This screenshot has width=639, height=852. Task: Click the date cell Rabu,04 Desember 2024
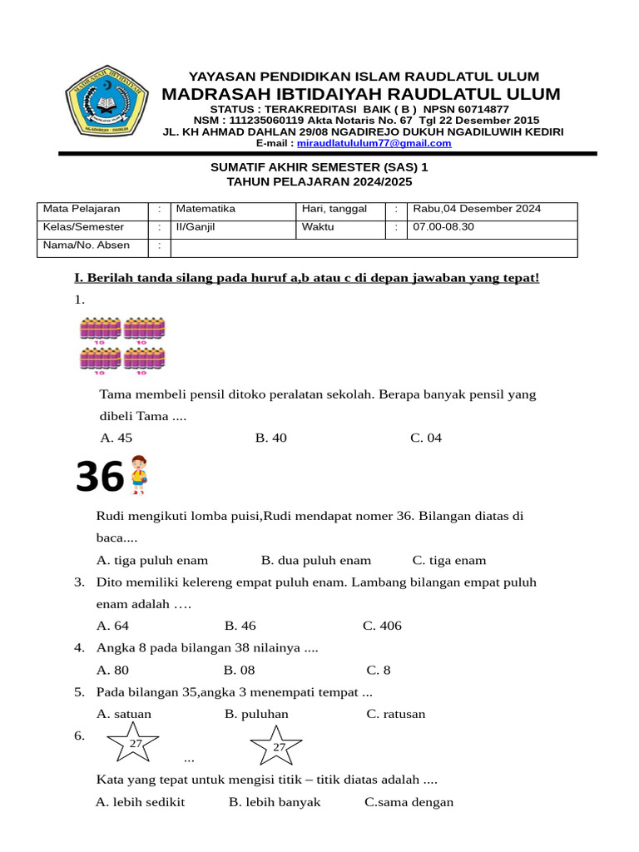coord(477,209)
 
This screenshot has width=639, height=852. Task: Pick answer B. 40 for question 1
coord(271,438)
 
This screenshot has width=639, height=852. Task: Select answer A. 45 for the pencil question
coord(116,438)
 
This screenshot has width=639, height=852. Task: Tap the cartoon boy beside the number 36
coord(138,474)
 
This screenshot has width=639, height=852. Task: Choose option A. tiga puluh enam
coord(152,560)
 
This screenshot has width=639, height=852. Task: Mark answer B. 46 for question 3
coord(240,626)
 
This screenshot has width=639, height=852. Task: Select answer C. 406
coord(382,626)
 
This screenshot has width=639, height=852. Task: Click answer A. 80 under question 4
coord(113,670)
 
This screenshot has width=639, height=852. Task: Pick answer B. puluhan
coord(256,714)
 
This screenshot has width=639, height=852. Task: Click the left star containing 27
coord(135,743)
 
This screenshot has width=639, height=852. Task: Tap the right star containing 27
coord(279,745)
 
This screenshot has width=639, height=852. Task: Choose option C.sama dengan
coord(409,802)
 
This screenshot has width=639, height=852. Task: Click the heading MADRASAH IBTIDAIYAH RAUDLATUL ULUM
coord(361,94)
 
